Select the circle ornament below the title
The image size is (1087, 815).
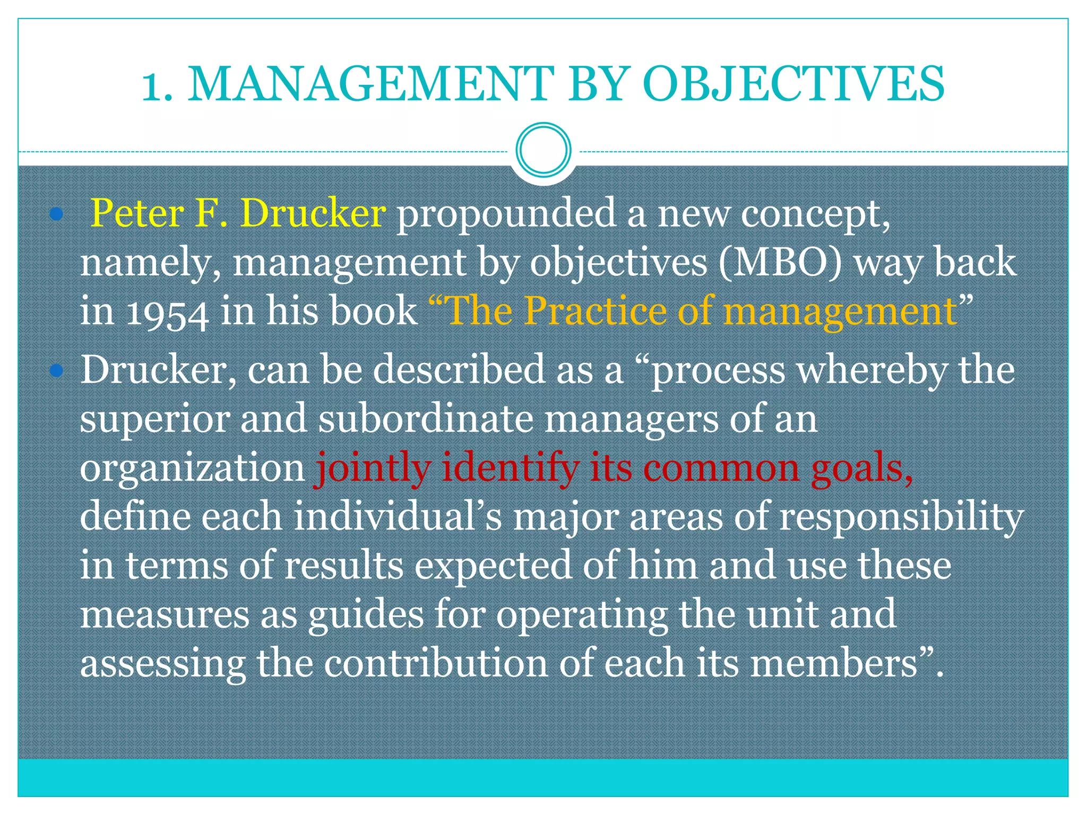pos(543,150)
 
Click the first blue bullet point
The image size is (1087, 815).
pos(56,214)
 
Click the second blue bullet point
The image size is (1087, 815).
pos(56,370)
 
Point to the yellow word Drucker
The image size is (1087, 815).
pos(313,213)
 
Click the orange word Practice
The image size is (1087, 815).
pos(595,311)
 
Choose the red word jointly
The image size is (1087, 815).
pos(373,469)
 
